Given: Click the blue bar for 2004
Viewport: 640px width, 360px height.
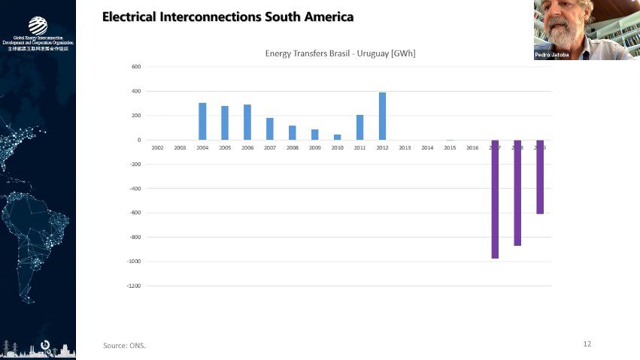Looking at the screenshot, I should [x=202, y=121].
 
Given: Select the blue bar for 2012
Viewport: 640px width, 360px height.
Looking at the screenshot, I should [x=382, y=116].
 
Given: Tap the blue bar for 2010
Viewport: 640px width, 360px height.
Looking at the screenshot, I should [x=337, y=137].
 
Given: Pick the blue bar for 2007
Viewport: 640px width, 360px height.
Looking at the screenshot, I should [x=270, y=129].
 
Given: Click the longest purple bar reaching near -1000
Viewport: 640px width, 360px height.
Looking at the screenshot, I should [x=495, y=199].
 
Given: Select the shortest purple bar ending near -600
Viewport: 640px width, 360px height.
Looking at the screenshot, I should [x=540, y=177].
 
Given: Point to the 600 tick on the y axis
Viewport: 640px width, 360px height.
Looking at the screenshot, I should [x=137, y=67].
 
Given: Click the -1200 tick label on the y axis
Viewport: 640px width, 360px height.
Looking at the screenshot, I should [x=135, y=286].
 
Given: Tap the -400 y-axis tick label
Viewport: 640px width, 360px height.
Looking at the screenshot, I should [x=136, y=189].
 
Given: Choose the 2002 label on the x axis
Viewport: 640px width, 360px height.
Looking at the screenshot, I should [x=157, y=148].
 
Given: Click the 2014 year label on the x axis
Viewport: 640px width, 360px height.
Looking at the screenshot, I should [x=427, y=148].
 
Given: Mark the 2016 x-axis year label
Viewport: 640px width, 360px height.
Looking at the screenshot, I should [x=472, y=148].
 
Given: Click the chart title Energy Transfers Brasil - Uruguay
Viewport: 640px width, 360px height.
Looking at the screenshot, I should [x=340, y=53].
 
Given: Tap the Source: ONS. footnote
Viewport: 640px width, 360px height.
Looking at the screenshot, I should [x=124, y=346].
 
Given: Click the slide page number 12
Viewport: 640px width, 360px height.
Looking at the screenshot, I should [x=587, y=343].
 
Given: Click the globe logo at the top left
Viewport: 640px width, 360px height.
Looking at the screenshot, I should [x=38, y=26].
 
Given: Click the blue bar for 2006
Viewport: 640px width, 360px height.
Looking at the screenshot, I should [x=247, y=122].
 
